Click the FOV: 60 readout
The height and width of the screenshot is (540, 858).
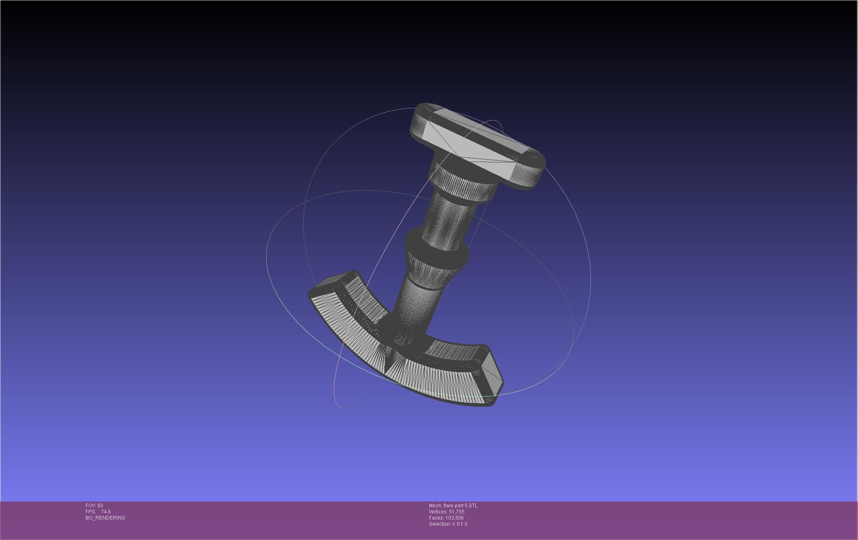point(94,506)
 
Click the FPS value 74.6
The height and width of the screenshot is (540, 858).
point(106,512)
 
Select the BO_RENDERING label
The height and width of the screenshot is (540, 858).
point(105,518)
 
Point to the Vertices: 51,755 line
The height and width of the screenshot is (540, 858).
point(447,512)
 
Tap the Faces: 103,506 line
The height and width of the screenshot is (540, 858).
point(446,518)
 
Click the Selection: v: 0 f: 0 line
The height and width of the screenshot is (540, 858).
point(448,524)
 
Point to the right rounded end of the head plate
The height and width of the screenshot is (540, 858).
point(536,172)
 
